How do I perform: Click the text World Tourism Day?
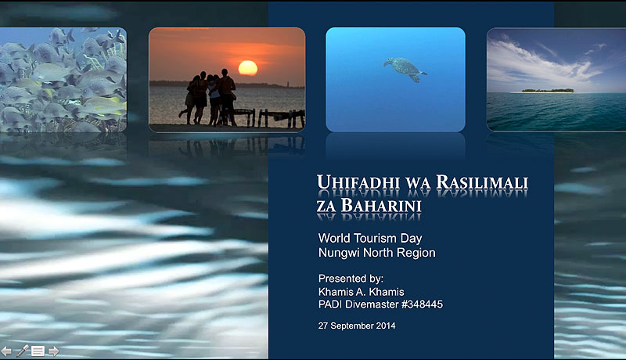tap(371, 237)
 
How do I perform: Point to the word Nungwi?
tap(337, 253)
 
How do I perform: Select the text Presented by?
tap(351, 278)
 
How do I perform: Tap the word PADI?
tap(332, 304)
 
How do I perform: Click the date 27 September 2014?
tap(357, 325)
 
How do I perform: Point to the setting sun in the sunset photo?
tap(247, 68)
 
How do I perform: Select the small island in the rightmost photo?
tap(548, 90)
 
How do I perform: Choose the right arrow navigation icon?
tap(53, 351)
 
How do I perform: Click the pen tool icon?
tap(22, 351)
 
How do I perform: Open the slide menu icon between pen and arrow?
tap(38, 351)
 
